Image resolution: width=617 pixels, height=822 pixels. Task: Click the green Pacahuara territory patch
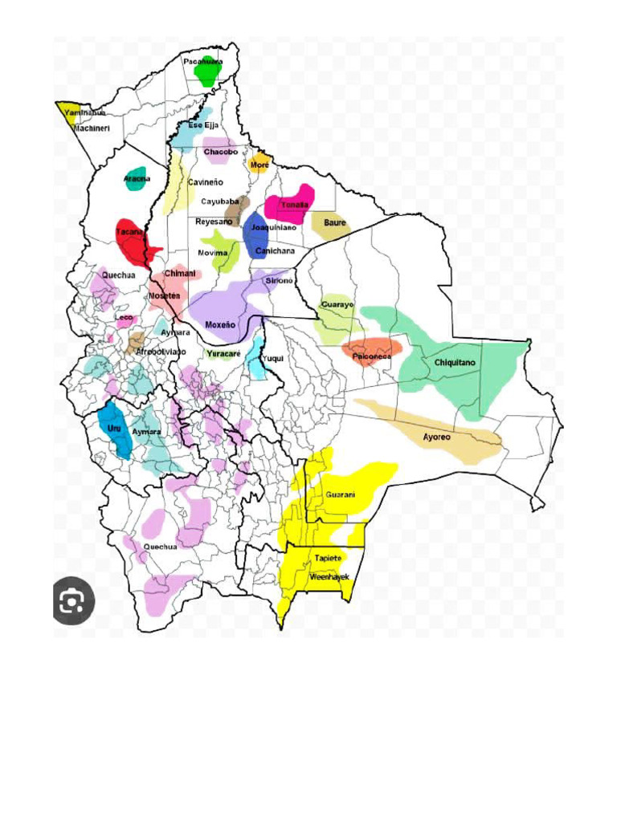tap(208, 74)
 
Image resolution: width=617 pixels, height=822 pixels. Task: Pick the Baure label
tap(334, 222)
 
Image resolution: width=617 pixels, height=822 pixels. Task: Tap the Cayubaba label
tap(219, 201)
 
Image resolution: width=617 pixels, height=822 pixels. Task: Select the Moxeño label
tap(220, 325)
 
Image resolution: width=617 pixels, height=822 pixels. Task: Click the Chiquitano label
tap(455, 363)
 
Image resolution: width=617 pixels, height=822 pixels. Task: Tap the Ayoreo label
tap(436, 437)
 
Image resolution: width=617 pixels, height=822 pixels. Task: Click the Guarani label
tap(340, 495)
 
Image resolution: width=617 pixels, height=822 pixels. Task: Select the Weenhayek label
tap(329, 576)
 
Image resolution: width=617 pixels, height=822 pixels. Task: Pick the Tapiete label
tap(328, 557)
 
